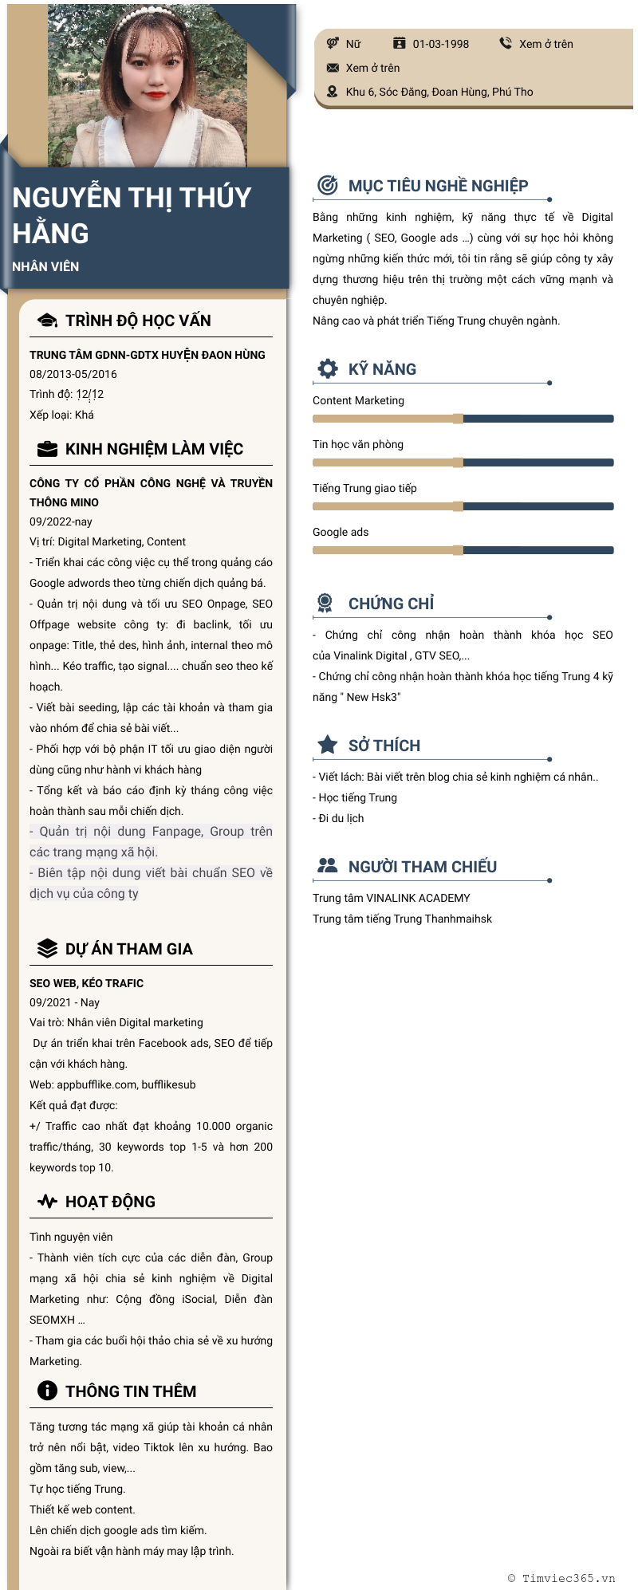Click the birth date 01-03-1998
tap(440, 44)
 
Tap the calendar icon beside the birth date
tap(400, 43)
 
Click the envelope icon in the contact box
tap(333, 68)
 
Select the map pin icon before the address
tap(333, 92)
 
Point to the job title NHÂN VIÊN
tap(45, 266)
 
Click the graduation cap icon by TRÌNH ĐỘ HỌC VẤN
tap(48, 321)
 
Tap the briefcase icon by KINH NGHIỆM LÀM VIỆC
tap(48, 449)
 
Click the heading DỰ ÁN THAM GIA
tap(128, 949)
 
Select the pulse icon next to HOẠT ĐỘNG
tap(48, 1201)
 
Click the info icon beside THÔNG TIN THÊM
tap(48, 1391)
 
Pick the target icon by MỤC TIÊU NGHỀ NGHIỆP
tap(327, 185)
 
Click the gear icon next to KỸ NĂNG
tap(327, 368)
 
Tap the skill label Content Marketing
tap(358, 400)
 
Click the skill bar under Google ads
tap(463, 550)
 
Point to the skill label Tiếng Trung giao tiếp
tap(364, 488)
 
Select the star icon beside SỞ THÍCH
tap(327, 745)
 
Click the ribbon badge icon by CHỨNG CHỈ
tap(325, 603)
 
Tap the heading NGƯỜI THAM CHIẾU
tap(422, 867)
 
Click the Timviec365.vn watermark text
tap(568, 1577)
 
